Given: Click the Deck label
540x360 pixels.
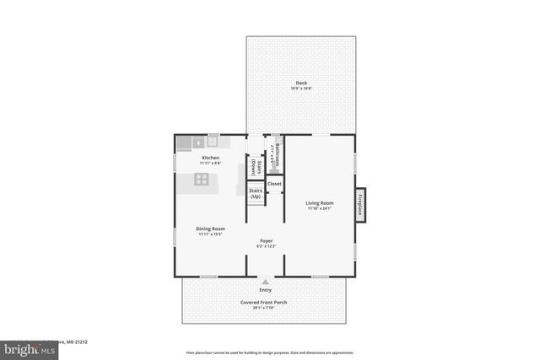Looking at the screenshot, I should click(301, 82).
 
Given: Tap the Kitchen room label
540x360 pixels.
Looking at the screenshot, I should click(211, 157).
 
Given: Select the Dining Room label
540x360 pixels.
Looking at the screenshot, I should click(211, 228).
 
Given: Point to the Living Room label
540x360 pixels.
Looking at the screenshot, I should click(320, 203).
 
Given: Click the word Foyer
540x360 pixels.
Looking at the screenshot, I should click(266, 241).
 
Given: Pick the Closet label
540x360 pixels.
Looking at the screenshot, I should click(274, 184).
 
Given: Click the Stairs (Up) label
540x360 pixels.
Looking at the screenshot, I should click(256, 193).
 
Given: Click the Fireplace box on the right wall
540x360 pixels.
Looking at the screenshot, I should click(360, 205).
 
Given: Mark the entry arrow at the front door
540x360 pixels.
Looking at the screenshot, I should click(266, 282).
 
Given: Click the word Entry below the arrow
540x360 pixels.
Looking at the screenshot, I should click(266, 290).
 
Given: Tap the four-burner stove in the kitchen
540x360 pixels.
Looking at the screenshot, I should click(202, 178).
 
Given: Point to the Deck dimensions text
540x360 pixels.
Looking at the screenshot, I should click(301, 89).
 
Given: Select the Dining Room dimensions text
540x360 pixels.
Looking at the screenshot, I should click(211, 235).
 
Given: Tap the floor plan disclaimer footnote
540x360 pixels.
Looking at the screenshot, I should click(268, 352).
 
